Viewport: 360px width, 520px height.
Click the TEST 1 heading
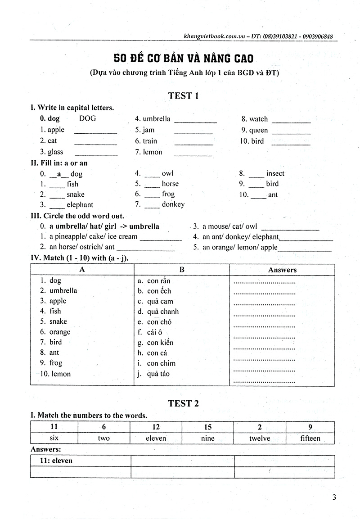[x=183, y=95]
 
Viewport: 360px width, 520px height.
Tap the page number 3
[x=334, y=497]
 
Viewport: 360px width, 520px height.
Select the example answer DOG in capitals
[x=87, y=119]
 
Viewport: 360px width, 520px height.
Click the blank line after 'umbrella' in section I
[x=195, y=121]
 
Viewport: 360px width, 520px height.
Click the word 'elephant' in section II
[x=80, y=205]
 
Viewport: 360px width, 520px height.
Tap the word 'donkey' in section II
[x=173, y=204]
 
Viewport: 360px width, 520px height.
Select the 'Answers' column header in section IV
[x=282, y=270]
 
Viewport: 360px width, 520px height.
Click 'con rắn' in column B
[x=159, y=280]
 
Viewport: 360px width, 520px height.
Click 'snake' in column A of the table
[x=58, y=321]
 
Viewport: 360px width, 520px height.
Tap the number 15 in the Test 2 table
[x=207, y=427]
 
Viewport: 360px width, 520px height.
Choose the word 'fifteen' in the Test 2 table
[x=310, y=438]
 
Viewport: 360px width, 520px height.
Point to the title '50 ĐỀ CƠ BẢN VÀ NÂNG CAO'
[x=183, y=59]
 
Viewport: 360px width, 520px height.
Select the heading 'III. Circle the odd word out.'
[x=77, y=216]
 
